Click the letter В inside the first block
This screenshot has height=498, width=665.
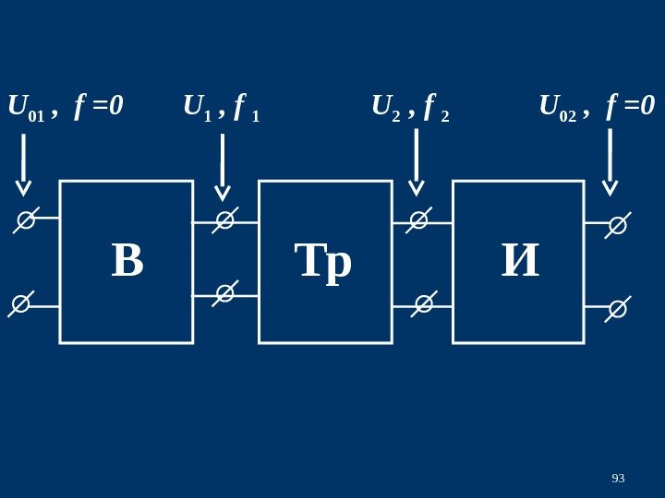pyautogui.click(x=127, y=261)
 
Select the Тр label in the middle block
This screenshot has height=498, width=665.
pyautogui.click(x=323, y=262)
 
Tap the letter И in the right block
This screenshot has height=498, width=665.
pyautogui.click(x=520, y=261)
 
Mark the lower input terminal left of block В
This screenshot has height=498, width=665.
pyautogui.click(x=21, y=303)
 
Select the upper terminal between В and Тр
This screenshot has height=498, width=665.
pyautogui.click(x=224, y=220)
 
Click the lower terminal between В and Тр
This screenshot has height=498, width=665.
pyautogui.click(x=224, y=293)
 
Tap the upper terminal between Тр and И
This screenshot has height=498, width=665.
pyautogui.click(x=419, y=220)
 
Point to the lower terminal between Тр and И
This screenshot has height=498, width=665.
pyautogui.click(x=424, y=302)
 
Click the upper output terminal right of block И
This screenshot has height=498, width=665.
pyautogui.click(x=617, y=225)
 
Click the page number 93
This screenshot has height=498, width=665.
pyautogui.click(x=618, y=478)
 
